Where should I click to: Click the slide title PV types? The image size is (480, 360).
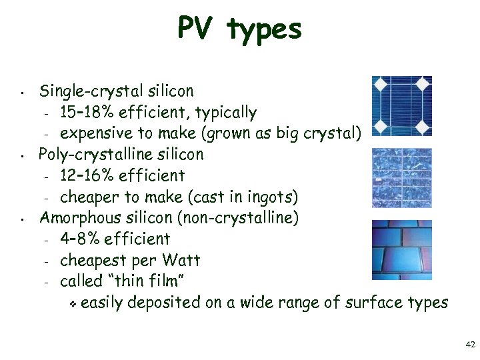coord(239,29)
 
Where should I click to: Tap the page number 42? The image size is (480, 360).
coord(469,345)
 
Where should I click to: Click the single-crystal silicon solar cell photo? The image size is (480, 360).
coord(401,106)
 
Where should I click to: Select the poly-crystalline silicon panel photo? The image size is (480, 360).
coord(401,177)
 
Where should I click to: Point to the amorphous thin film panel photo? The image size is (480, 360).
coord(401,249)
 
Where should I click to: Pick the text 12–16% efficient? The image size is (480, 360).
coord(122,175)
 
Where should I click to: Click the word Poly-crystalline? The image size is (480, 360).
coord(91,155)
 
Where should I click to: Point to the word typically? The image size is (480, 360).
coord(225,113)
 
